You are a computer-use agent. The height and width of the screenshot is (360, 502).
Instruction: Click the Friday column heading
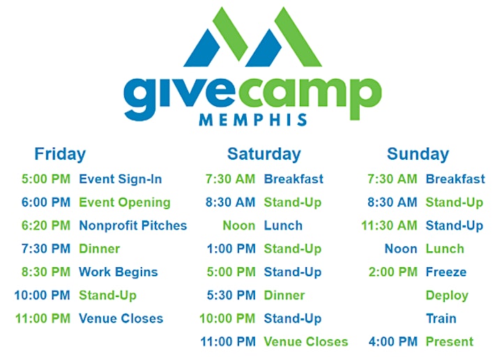[60, 155]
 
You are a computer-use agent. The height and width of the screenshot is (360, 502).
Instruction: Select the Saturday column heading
[264, 155]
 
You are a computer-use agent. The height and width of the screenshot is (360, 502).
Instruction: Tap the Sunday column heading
[418, 155]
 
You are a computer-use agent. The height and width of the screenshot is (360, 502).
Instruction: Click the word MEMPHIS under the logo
[253, 120]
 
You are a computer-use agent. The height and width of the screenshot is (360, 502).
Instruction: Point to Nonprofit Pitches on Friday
[133, 225]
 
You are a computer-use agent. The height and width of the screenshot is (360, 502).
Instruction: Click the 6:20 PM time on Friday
[46, 225]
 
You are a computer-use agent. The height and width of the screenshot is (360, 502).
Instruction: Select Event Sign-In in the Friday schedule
[121, 179]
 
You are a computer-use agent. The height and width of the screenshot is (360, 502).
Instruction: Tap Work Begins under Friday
[119, 272]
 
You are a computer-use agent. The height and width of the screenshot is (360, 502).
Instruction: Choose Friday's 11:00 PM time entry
[43, 318]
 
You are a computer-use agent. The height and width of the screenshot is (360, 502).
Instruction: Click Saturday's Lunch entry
[283, 225]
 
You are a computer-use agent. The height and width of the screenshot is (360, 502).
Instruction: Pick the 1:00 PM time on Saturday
[231, 249]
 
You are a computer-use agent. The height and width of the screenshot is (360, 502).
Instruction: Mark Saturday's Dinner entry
[284, 295]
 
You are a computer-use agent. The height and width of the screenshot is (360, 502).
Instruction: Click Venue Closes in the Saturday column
[306, 342]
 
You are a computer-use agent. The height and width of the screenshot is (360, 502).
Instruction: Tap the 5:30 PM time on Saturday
[231, 295]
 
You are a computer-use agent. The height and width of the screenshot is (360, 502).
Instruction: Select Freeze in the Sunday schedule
[446, 272]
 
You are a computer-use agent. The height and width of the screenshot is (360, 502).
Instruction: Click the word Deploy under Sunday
[447, 296]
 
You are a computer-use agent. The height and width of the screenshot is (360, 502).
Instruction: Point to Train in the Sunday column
[441, 318]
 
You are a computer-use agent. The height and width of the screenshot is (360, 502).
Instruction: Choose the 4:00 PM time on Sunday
[393, 342]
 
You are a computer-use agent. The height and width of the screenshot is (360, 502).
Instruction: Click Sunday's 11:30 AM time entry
[389, 225]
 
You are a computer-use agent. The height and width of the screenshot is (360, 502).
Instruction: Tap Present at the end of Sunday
[450, 342]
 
